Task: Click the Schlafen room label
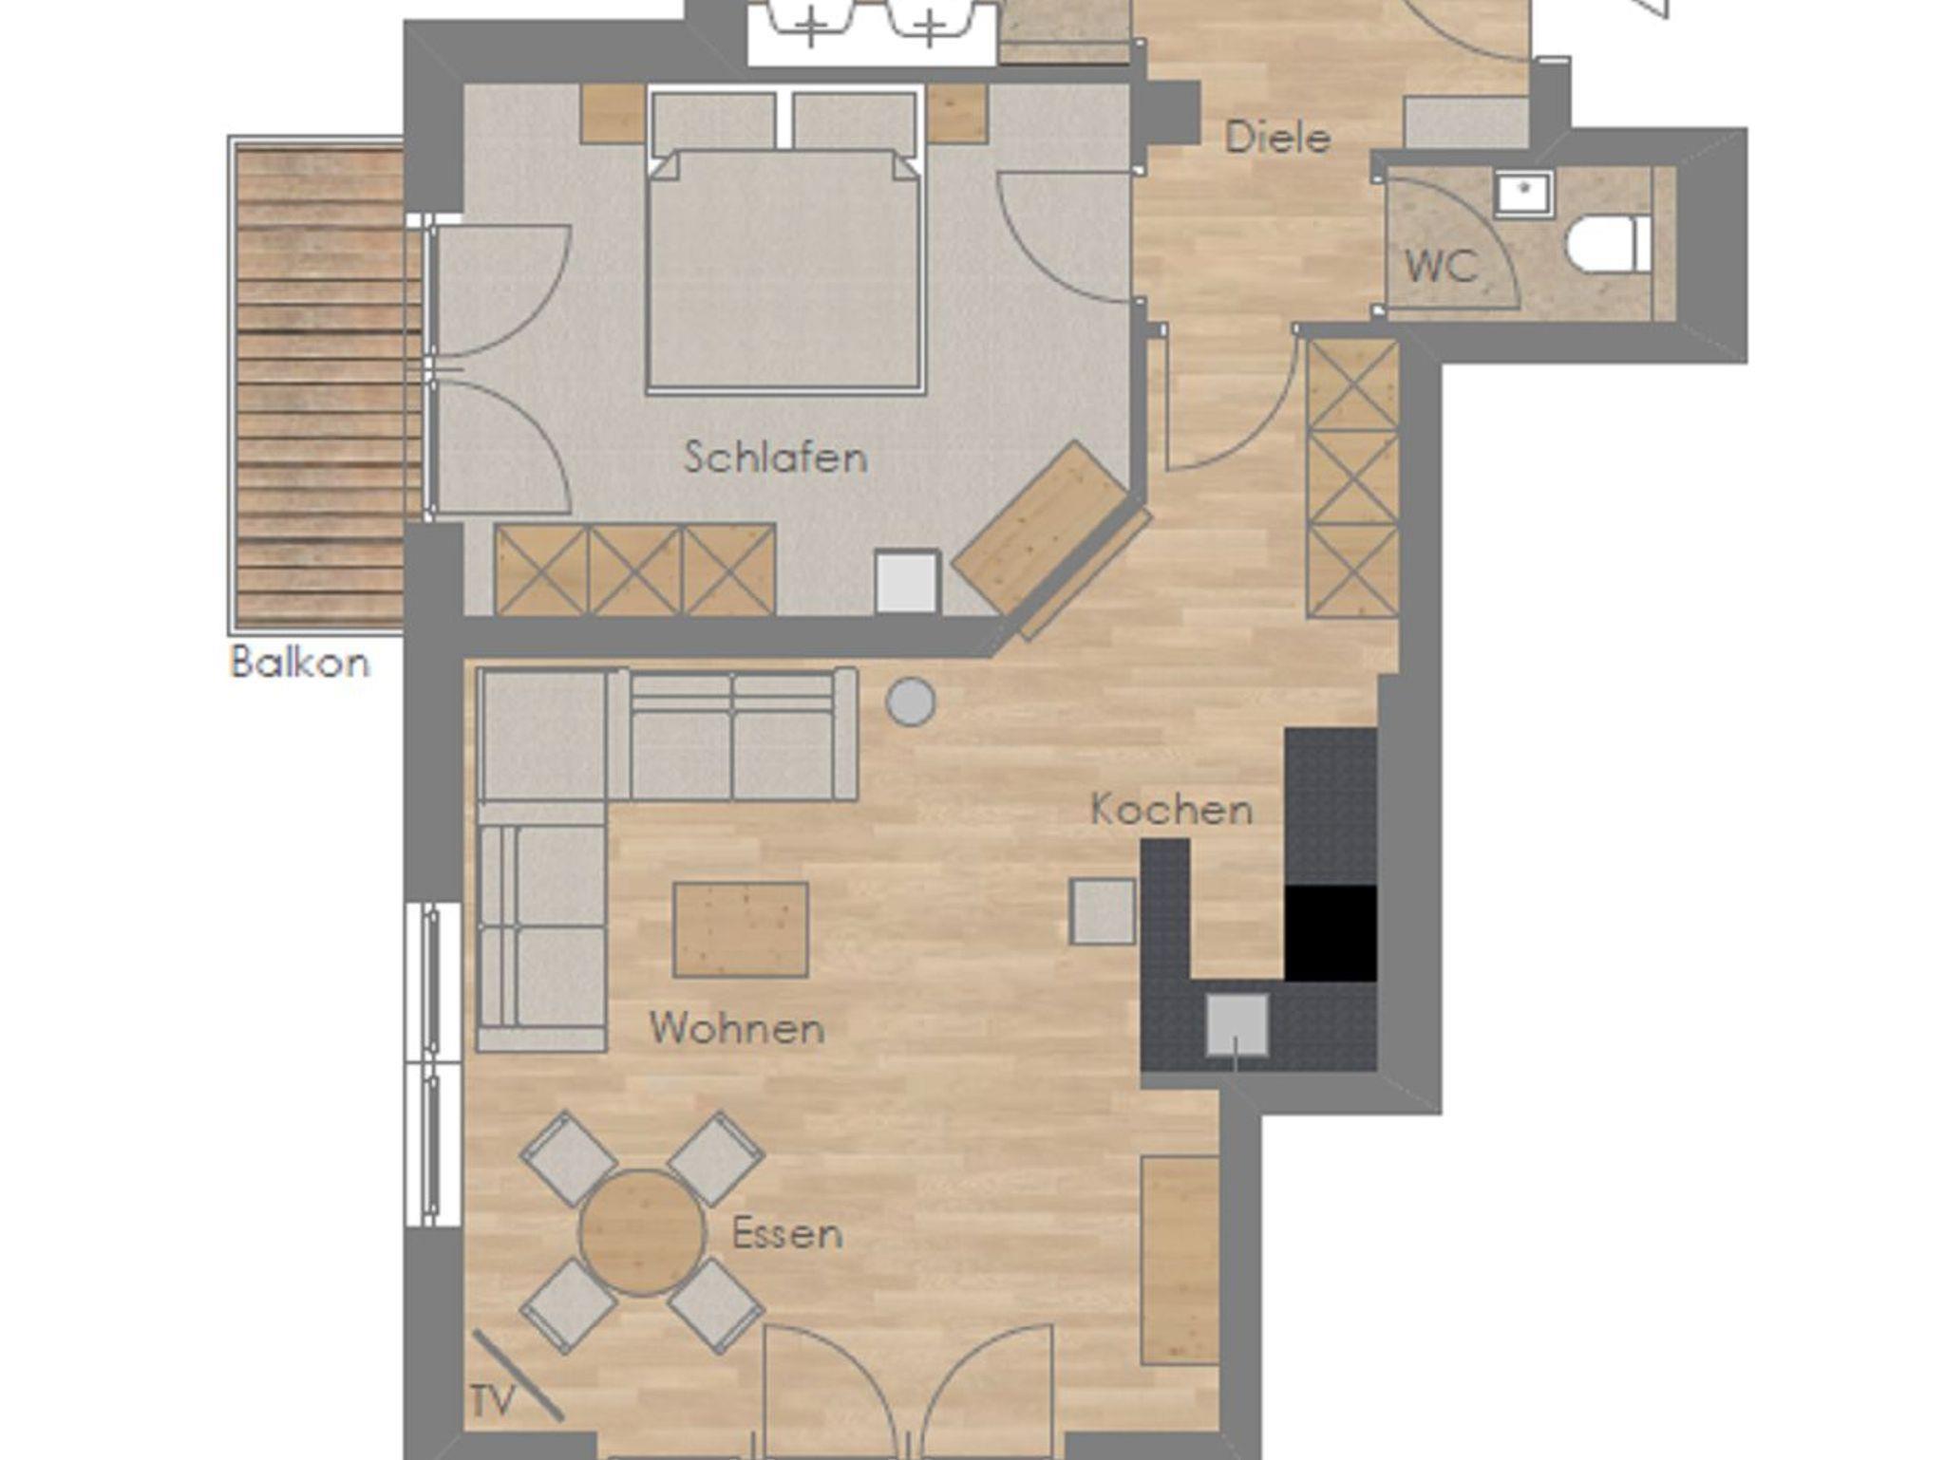[776, 458]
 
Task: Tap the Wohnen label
[737, 1028]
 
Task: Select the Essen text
[787, 1234]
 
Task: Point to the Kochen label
[1172, 810]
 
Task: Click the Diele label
[1277, 139]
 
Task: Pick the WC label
[1441, 267]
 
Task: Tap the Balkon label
[300, 662]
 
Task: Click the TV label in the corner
[492, 1401]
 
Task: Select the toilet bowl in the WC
[1610, 245]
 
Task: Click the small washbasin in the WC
[1524, 196]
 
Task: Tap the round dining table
[643, 1232]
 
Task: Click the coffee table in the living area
[741, 930]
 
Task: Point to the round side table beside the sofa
[911, 702]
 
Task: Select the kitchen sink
[1237, 1024]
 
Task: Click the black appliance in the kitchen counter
[1331, 933]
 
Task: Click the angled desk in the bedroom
[1041, 528]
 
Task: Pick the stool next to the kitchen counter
[1103, 911]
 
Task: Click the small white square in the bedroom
[907, 582]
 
